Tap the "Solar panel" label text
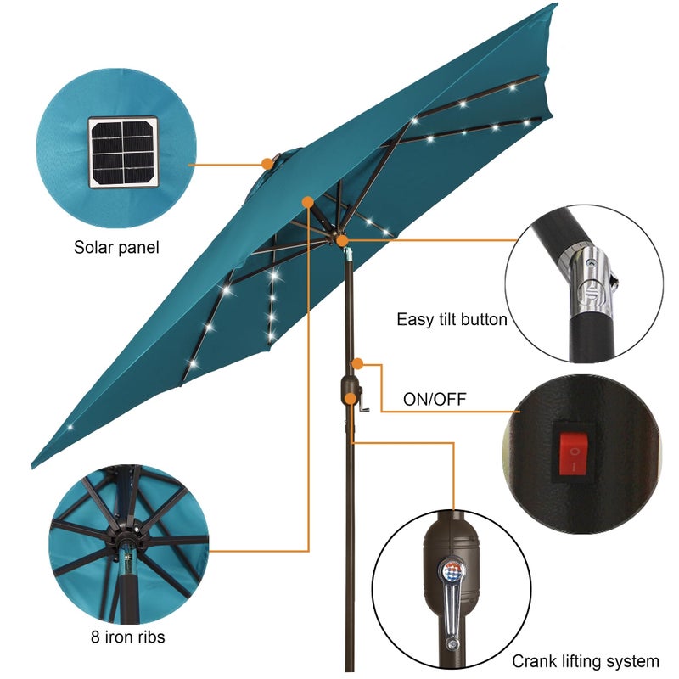pos(116,248)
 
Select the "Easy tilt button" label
pos(452,320)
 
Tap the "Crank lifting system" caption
pos(585,661)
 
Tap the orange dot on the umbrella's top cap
pos(267,162)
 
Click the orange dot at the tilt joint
pos(342,241)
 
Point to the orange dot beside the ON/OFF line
pos(358,363)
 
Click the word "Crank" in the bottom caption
pos(533,661)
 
